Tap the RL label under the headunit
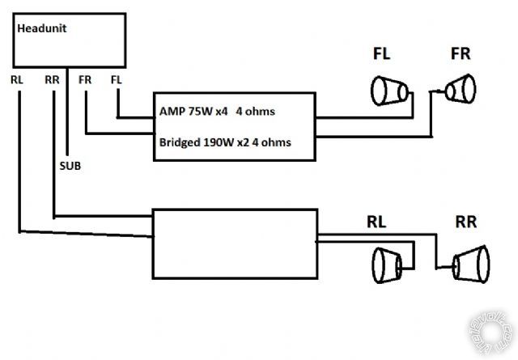18,80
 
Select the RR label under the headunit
53,80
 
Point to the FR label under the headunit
85,80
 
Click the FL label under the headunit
117,80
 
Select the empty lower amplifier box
235,243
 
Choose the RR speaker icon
471,263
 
